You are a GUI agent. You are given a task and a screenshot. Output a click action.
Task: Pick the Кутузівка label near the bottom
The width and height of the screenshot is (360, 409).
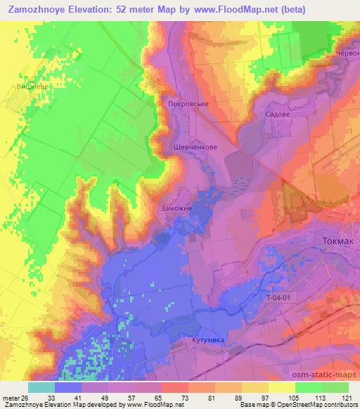[x=207, y=340]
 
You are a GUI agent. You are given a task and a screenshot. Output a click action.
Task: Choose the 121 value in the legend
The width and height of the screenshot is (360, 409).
[x=348, y=396]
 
